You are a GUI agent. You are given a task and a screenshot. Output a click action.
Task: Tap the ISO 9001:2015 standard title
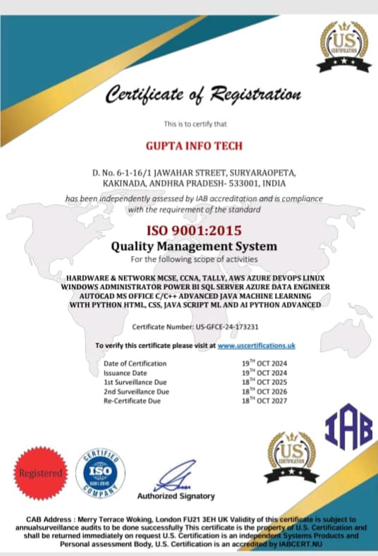coord(193,231)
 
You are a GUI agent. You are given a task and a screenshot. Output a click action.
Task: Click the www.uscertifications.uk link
coord(255,345)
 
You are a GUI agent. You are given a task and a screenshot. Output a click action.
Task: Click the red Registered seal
coord(41,473)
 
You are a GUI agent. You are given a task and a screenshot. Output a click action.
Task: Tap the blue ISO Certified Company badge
coord(104,471)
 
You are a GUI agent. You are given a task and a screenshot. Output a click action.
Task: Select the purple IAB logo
coord(348,425)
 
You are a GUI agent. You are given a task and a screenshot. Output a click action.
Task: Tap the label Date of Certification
coord(135,363)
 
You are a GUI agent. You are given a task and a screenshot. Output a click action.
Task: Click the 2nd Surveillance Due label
coord(137,392)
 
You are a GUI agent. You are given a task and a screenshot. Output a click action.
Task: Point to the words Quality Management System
coord(194,247)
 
